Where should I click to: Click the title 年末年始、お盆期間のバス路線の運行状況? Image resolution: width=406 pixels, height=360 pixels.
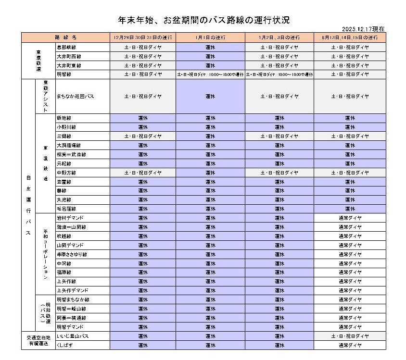click(x=204, y=20)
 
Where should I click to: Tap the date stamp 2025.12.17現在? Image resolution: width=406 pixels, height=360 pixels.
click(x=364, y=29)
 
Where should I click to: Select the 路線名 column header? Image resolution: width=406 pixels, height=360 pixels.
click(x=65, y=37)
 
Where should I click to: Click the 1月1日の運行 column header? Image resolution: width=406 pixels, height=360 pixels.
click(x=210, y=37)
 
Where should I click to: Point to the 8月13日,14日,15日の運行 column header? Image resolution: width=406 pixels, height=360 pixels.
click(x=350, y=37)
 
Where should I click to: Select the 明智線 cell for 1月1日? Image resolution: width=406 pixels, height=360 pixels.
click(x=210, y=74)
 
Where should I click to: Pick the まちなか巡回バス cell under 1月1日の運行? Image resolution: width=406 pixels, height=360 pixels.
click(x=210, y=96)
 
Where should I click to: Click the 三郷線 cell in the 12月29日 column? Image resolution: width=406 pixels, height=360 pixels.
click(x=143, y=136)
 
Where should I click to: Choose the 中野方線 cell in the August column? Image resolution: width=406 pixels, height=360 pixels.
click(x=350, y=173)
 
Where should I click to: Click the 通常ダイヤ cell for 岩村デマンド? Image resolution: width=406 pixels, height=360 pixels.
click(x=350, y=218)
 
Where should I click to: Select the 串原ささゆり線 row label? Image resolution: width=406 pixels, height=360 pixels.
click(x=72, y=254)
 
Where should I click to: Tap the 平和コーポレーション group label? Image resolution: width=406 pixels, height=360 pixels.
click(x=46, y=254)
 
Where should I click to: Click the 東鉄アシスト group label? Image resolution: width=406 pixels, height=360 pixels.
click(x=46, y=96)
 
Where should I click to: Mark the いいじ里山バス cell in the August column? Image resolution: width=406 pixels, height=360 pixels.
click(x=350, y=336)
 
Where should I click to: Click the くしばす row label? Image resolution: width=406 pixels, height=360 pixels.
click(x=65, y=345)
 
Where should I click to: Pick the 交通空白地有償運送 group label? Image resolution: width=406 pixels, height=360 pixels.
click(x=38, y=340)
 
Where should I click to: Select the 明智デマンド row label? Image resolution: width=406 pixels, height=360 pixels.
click(x=70, y=327)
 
